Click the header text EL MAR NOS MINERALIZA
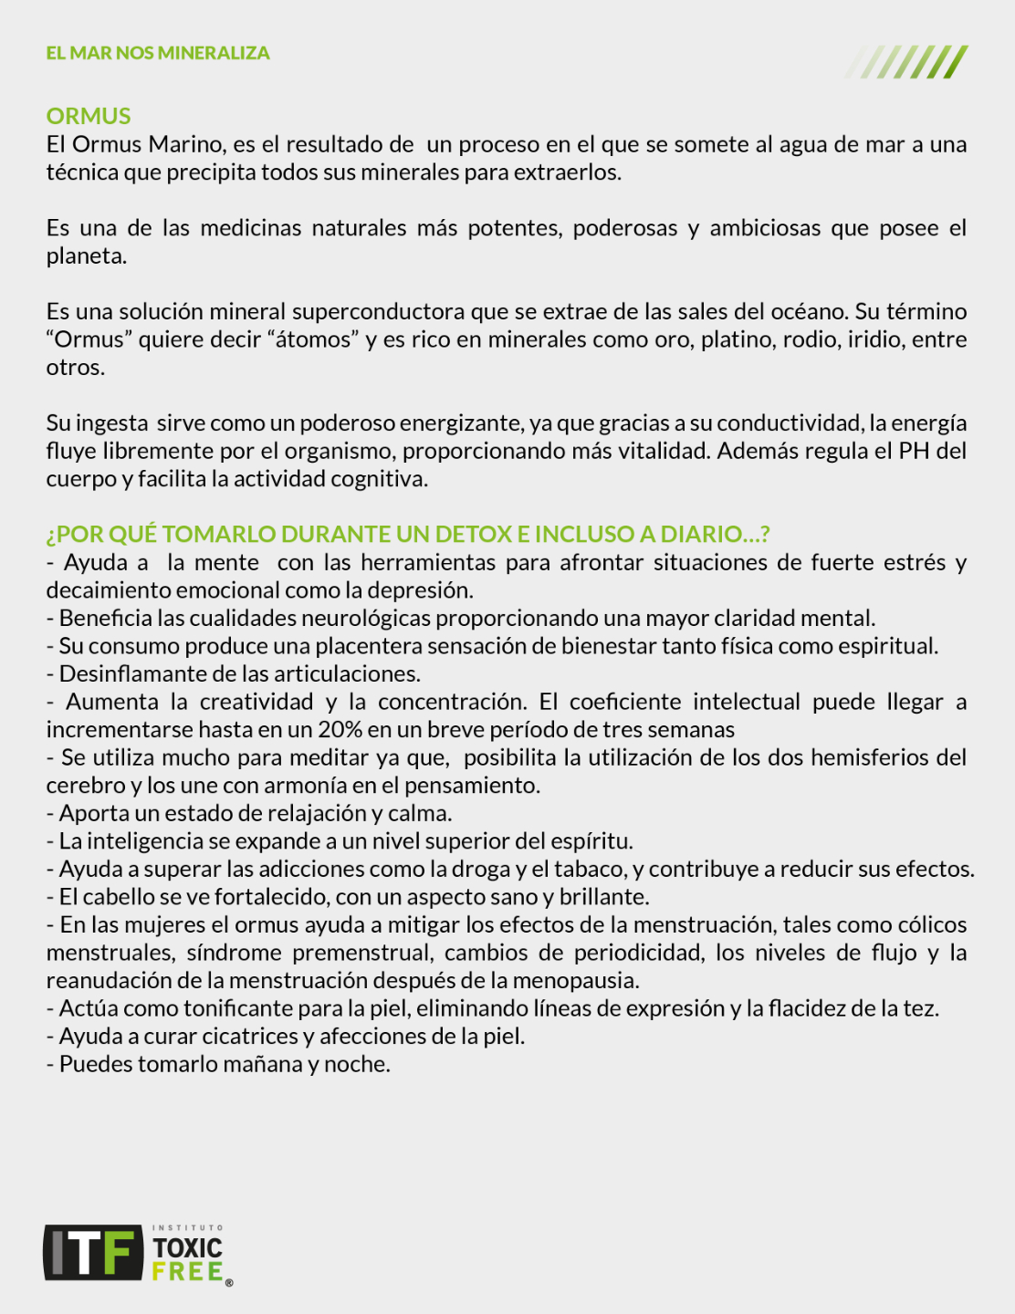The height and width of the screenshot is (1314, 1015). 158,53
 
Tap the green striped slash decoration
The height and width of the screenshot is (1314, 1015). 906,62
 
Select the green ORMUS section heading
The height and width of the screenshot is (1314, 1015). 89,116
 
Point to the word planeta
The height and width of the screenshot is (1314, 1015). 86,256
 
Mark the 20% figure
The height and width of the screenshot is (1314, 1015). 340,730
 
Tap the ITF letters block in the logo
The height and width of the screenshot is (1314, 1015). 94,1252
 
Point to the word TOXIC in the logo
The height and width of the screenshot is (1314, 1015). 187,1247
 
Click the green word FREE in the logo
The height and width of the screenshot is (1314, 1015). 187,1271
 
